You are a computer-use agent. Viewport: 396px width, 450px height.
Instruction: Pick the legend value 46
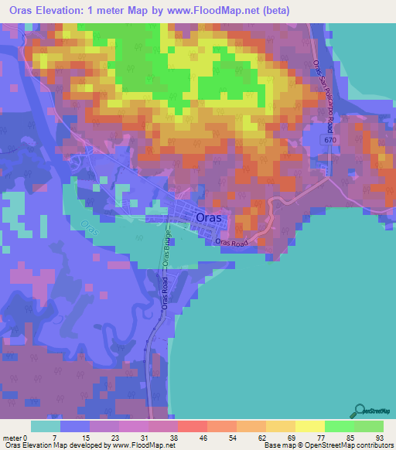pyautogui.click(x=181, y=437)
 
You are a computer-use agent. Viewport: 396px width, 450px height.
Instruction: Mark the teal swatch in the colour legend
pyautogui.click(x=45, y=426)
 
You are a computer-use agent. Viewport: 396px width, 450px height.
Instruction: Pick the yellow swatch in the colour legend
pyautogui.click(x=309, y=426)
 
